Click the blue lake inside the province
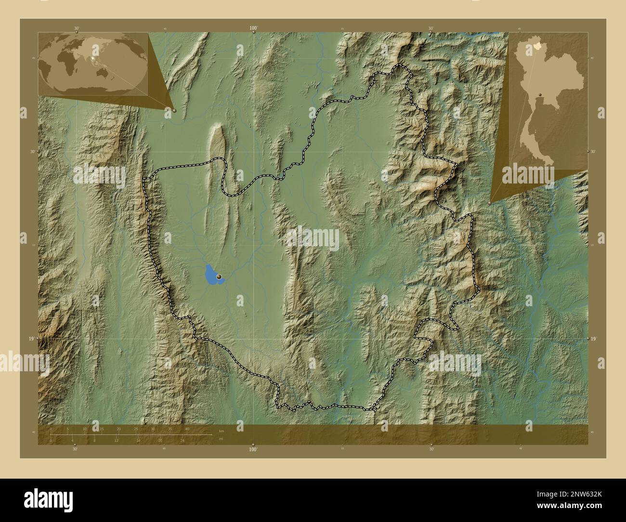211,274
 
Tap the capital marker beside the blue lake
220,277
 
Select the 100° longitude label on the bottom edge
253,449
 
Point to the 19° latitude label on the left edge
31,339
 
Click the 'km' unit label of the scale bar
222,431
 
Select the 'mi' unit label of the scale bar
221,439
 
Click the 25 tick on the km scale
136,429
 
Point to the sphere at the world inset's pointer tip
174,110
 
